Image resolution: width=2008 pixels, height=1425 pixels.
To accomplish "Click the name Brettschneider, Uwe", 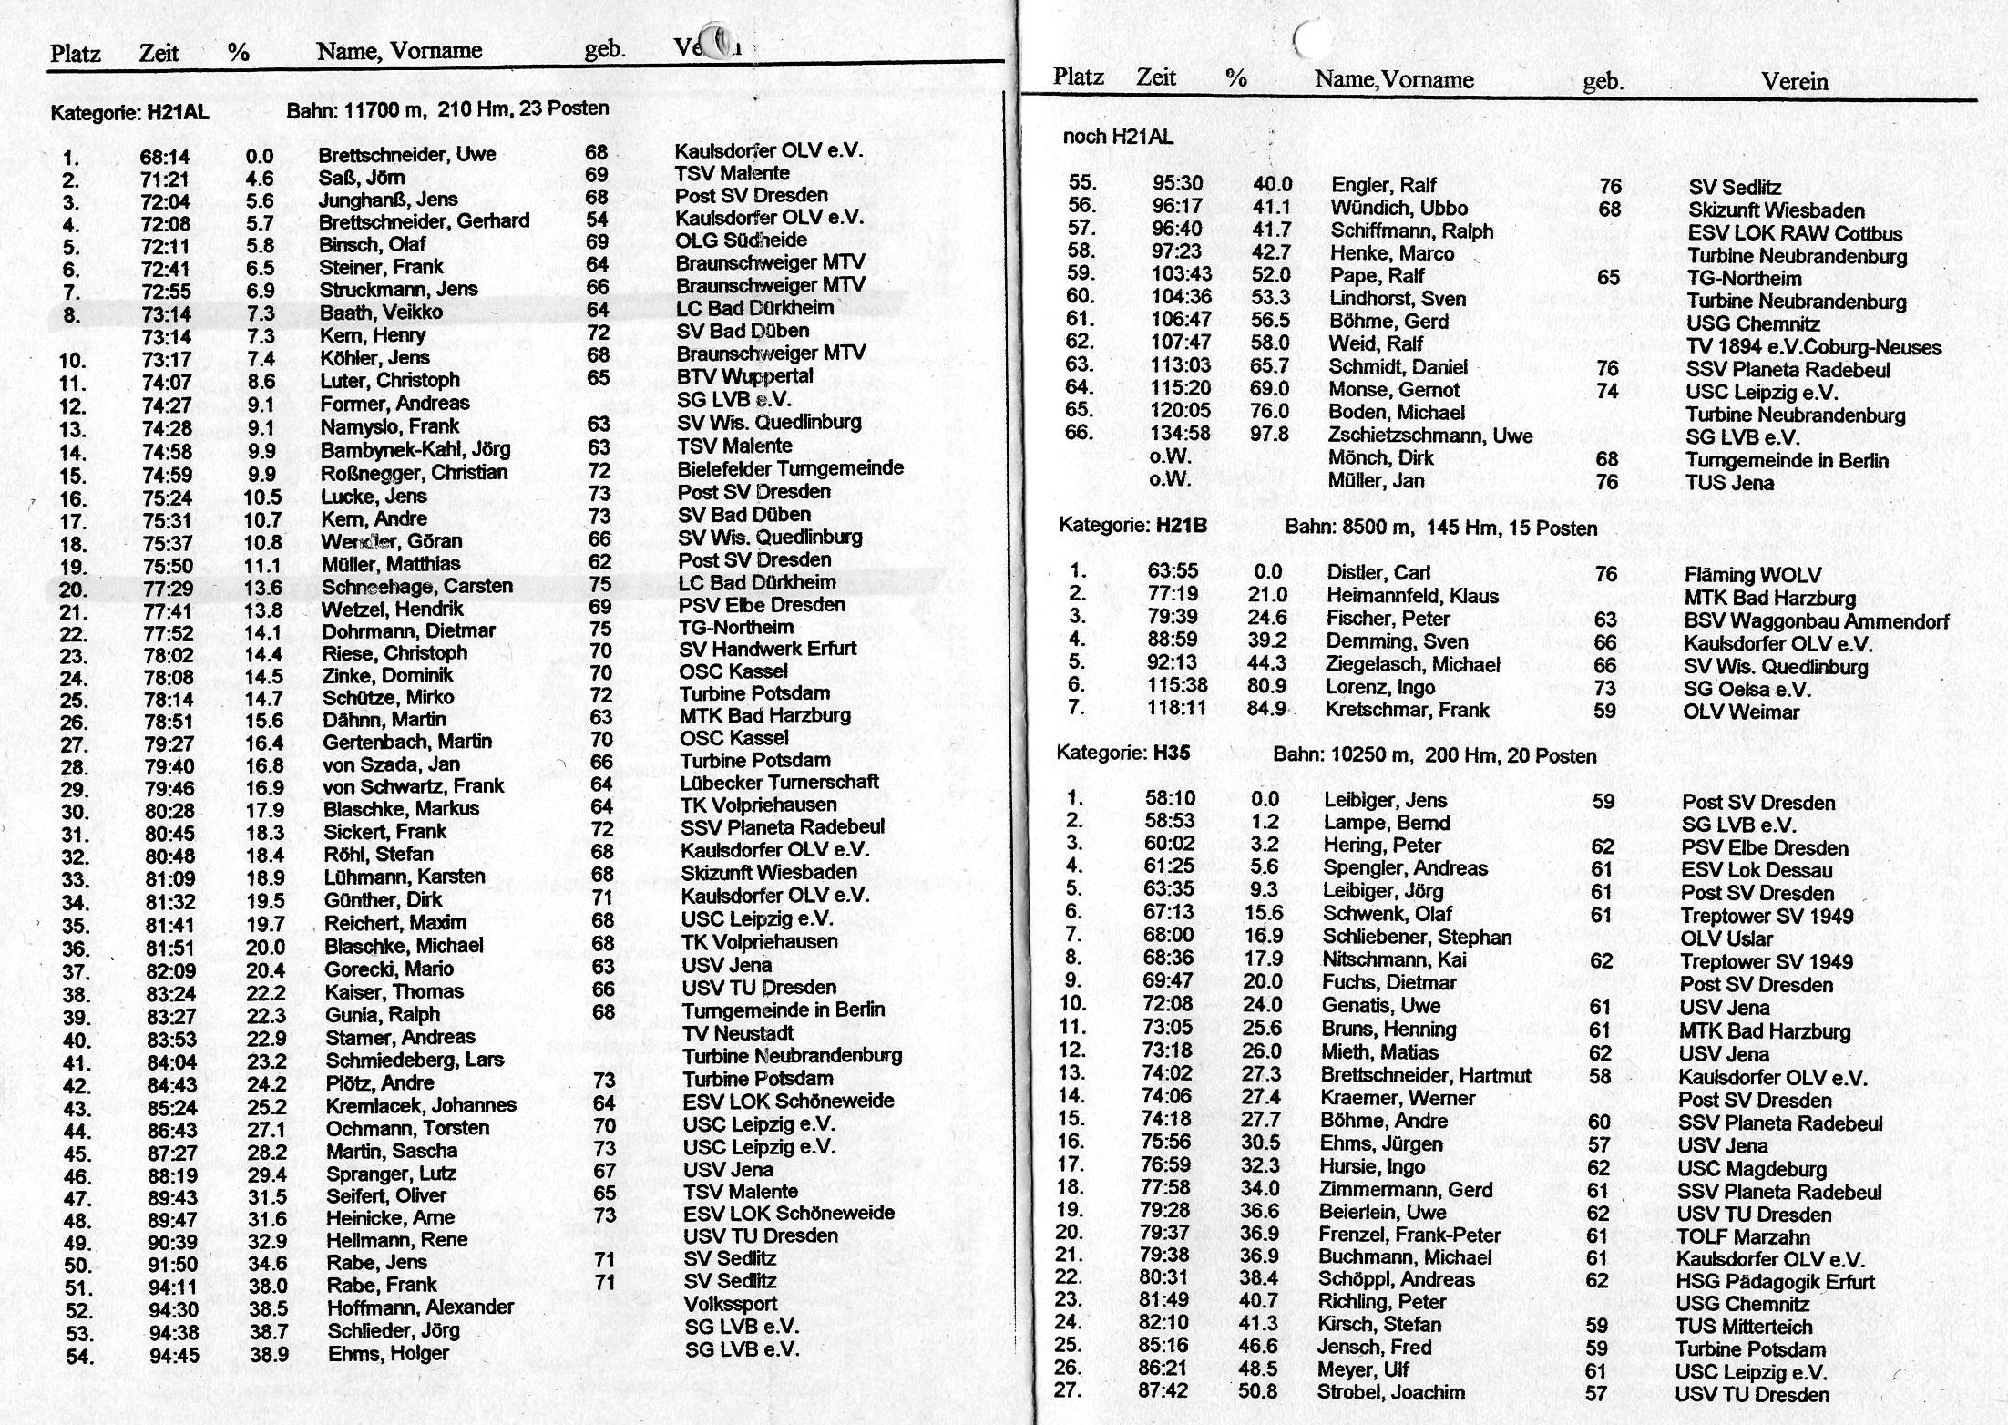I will pyautogui.click(x=406, y=155).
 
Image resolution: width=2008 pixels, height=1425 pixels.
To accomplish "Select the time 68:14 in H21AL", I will pyautogui.click(x=164, y=158).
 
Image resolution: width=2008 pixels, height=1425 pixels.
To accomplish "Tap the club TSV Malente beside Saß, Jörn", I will pyautogui.click(x=732, y=173).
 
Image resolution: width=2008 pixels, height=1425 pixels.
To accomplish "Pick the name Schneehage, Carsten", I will pyautogui.click(x=416, y=586).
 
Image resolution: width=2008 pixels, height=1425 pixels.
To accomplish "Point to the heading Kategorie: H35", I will pyautogui.click(x=1122, y=754).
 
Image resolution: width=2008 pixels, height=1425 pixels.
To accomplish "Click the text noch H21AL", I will pyautogui.click(x=1118, y=138).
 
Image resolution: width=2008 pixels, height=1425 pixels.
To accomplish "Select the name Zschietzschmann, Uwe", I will pyautogui.click(x=1429, y=436).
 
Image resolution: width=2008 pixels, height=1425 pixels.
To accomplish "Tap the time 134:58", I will pyautogui.click(x=1181, y=434).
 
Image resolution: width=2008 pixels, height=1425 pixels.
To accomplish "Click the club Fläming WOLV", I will pyautogui.click(x=1752, y=575).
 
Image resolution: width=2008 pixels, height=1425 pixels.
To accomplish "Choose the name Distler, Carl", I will pyautogui.click(x=1378, y=573).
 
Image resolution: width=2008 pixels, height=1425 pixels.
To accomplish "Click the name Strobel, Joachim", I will pyautogui.click(x=1390, y=1392).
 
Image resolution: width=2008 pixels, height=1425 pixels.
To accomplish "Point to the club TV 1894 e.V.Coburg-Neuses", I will pyautogui.click(x=1813, y=347).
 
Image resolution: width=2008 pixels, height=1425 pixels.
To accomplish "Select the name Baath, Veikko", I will pyautogui.click(x=380, y=313).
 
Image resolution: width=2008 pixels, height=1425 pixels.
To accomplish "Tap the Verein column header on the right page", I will pyautogui.click(x=1794, y=82).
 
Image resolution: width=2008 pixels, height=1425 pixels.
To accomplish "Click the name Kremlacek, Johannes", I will pyautogui.click(x=420, y=1105).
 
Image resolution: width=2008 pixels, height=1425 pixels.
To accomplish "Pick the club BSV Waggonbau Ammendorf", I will pyautogui.click(x=1816, y=621).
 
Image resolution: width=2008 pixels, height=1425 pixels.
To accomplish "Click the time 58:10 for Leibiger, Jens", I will pyautogui.click(x=1170, y=799).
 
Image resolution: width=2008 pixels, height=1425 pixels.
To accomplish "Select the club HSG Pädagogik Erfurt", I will pyautogui.click(x=1775, y=1282).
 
